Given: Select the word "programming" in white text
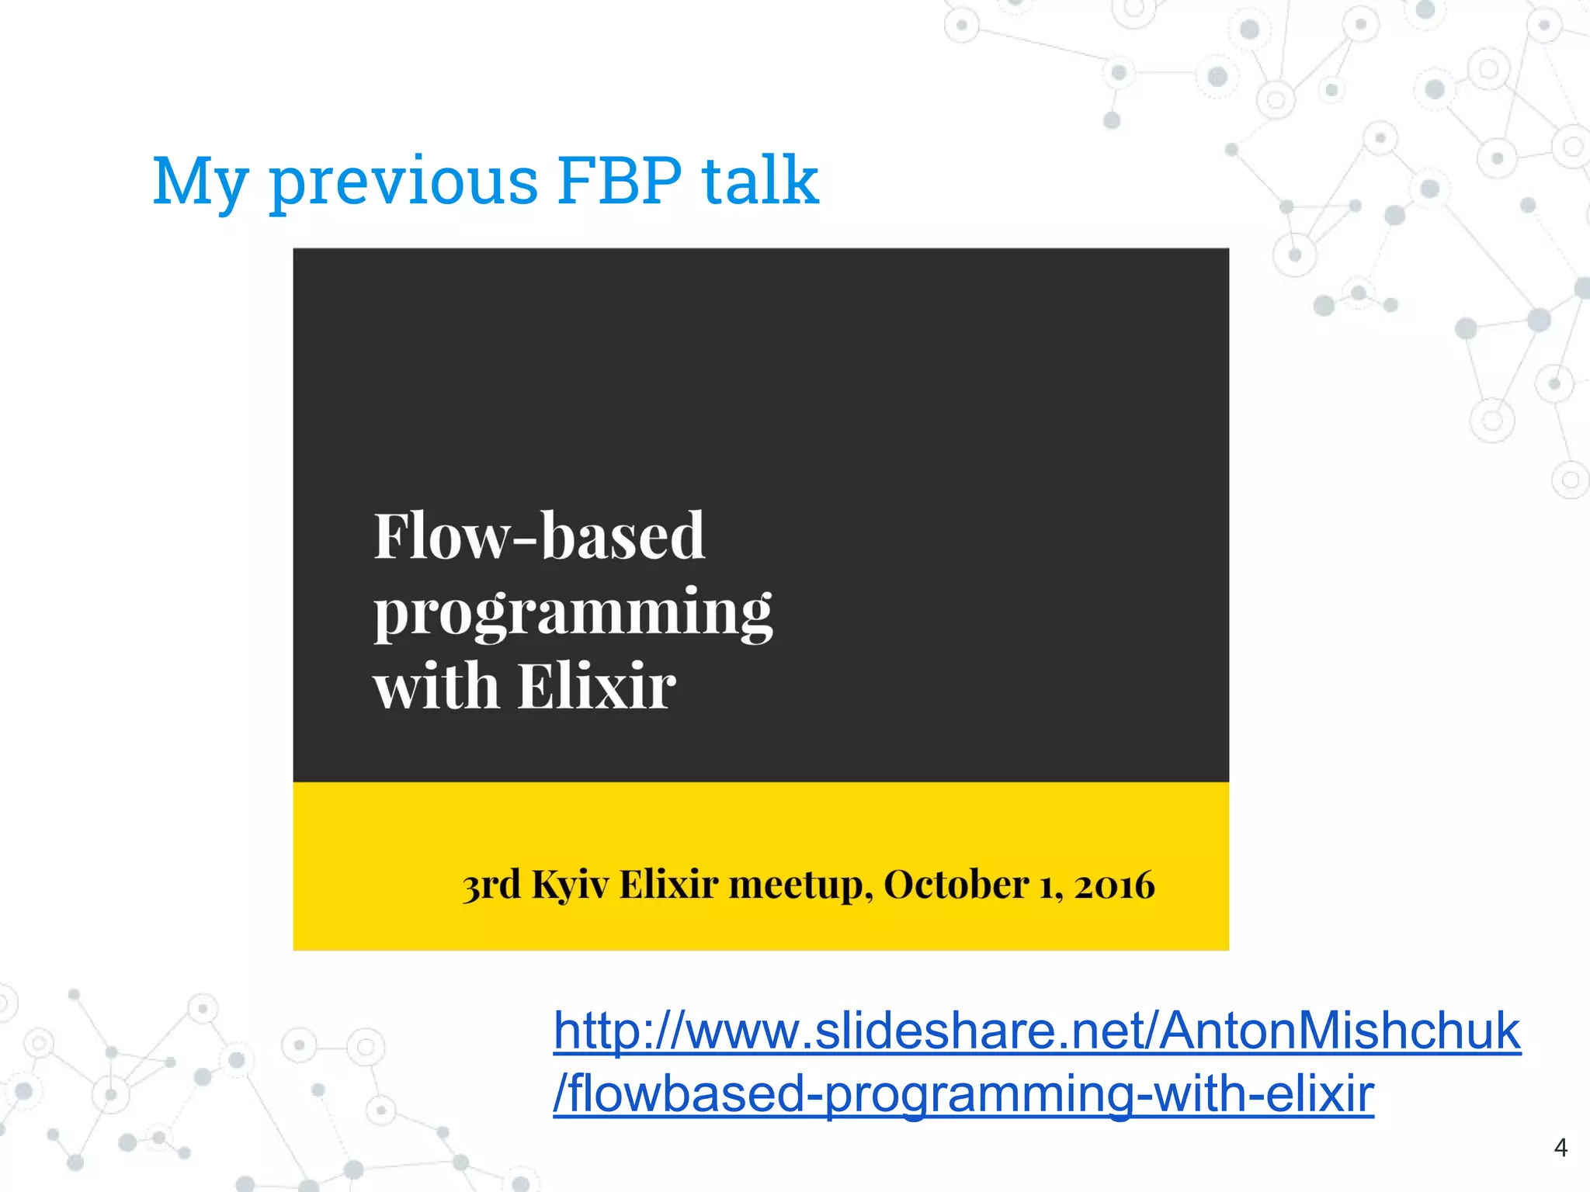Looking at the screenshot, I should (573, 612).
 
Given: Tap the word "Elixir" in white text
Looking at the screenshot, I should (596, 687).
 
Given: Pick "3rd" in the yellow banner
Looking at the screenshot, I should (491, 885).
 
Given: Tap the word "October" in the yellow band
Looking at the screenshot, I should (956, 885).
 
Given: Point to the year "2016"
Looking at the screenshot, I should (1114, 885).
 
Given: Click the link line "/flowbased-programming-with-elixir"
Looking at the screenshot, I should (963, 1093).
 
